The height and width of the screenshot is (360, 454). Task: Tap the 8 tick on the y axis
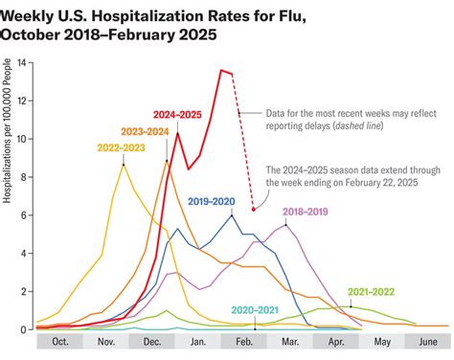tap(28, 177)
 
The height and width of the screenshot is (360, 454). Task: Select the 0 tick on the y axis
tap(28, 329)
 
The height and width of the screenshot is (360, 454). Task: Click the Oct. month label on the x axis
tap(60, 341)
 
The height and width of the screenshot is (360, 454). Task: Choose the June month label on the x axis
tap(427, 341)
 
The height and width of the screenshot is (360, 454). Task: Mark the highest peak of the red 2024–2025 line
tap(221, 70)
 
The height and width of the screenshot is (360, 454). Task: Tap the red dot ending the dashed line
tap(253, 208)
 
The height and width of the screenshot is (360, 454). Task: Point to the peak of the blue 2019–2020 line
tap(231, 214)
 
